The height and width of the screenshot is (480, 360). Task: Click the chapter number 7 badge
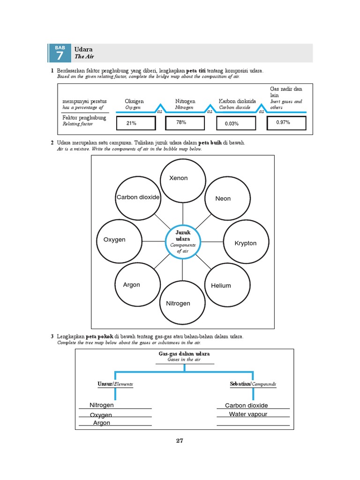pyautogui.click(x=59, y=53)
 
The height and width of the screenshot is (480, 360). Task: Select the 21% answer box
pyautogui.click(x=132, y=123)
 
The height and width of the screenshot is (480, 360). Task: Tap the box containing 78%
pyautogui.click(x=185, y=123)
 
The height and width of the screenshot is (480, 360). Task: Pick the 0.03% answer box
pyautogui.click(x=236, y=123)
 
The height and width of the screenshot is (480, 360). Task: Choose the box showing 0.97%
pyautogui.click(x=286, y=123)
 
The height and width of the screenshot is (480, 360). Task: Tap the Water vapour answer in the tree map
pyautogui.click(x=248, y=414)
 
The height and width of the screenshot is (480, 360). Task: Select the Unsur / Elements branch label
pyautogui.click(x=115, y=384)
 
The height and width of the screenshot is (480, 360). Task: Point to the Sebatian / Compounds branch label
pyautogui.click(x=253, y=384)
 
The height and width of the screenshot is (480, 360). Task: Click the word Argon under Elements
pyautogui.click(x=102, y=423)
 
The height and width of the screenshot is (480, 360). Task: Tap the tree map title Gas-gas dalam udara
pyautogui.click(x=184, y=353)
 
